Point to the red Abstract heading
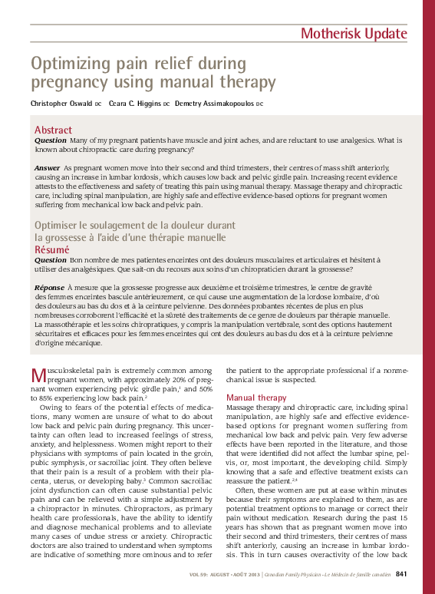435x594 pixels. [x=54, y=130]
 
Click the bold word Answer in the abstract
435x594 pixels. [x=48, y=167]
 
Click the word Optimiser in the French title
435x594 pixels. [x=62, y=225]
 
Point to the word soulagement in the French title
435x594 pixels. [x=127, y=225]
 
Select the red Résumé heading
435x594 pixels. [x=52, y=249]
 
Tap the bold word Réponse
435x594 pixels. [x=50, y=287]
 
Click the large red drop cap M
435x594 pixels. [x=39, y=376]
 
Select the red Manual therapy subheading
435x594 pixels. [x=256, y=398]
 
